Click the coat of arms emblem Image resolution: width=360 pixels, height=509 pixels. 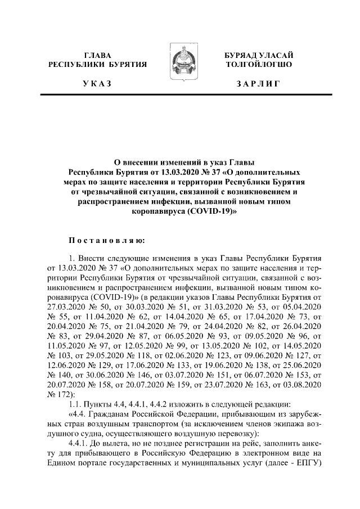pos(180,68)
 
